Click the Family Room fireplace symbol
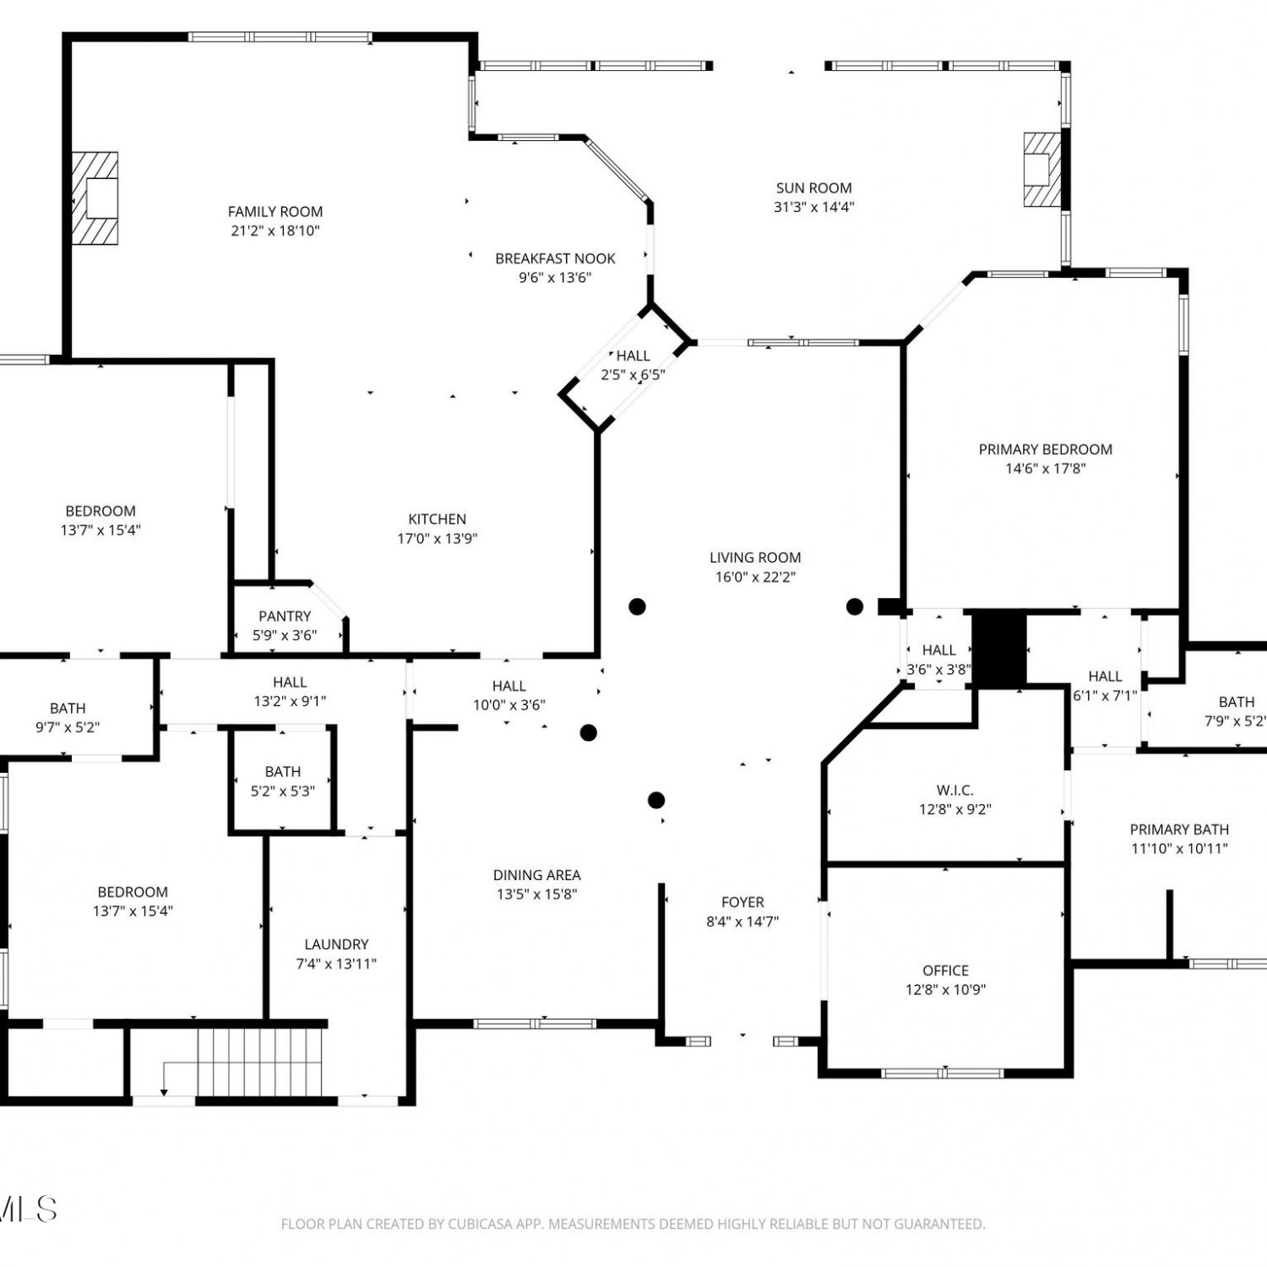pyautogui.click(x=94, y=198)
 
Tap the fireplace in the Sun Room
pyautogui.click(x=1042, y=170)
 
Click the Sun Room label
pyautogui.click(x=814, y=188)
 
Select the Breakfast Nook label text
pyautogui.click(x=555, y=258)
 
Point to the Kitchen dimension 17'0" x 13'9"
pyautogui.click(x=438, y=539)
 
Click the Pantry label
pyautogui.click(x=285, y=617)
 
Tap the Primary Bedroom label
pyautogui.click(x=1046, y=449)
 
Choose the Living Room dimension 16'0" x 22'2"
pyautogui.click(x=755, y=578)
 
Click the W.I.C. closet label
pyautogui.click(x=955, y=791)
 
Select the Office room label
pyautogui.click(x=946, y=971)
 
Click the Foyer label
pyautogui.click(x=742, y=902)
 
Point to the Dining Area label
pyautogui.click(x=537, y=875)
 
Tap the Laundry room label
pyautogui.click(x=336, y=944)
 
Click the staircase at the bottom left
pyautogui.click(x=260, y=1061)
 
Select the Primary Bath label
pyautogui.click(x=1179, y=829)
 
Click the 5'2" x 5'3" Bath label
pyautogui.click(x=283, y=772)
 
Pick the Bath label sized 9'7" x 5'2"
pyautogui.click(x=68, y=709)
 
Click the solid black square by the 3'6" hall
pyautogui.click(x=999, y=649)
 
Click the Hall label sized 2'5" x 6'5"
pyautogui.click(x=633, y=356)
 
